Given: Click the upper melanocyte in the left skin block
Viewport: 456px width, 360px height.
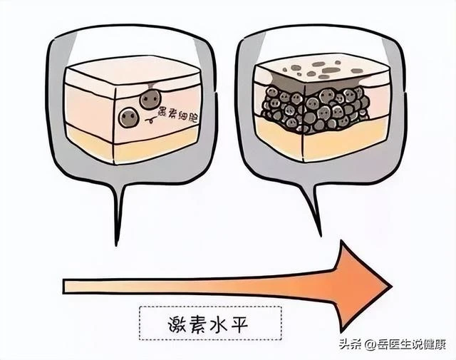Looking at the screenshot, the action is pyautogui.click(x=150, y=99).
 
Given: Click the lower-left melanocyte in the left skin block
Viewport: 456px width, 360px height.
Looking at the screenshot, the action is pyautogui.click(x=129, y=117).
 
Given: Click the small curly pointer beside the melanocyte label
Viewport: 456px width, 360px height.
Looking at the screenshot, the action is pyautogui.click(x=150, y=119).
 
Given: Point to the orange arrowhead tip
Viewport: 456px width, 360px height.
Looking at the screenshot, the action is pyautogui.click(x=392, y=286).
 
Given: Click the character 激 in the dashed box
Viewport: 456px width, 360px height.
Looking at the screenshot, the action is pyautogui.click(x=178, y=324).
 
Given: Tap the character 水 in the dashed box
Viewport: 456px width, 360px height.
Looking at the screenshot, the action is pyautogui.click(x=219, y=324).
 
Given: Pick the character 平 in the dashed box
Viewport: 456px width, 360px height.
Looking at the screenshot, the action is pyautogui.click(x=239, y=324).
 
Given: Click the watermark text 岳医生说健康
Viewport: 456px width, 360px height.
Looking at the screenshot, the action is pyautogui.click(x=412, y=345).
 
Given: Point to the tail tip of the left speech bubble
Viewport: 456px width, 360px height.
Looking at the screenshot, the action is pyautogui.click(x=116, y=245).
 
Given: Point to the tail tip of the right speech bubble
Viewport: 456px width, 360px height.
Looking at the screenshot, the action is pyautogui.click(x=320, y=235).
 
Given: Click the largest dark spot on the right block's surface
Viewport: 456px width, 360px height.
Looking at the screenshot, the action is pyautogui.click(x=331, y=70).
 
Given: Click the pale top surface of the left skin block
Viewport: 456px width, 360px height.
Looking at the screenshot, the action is pyautogui.click(x=133, y=70).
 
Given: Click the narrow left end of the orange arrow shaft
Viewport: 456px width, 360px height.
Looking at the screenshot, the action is pyautogui.click(x=64, y=286).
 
